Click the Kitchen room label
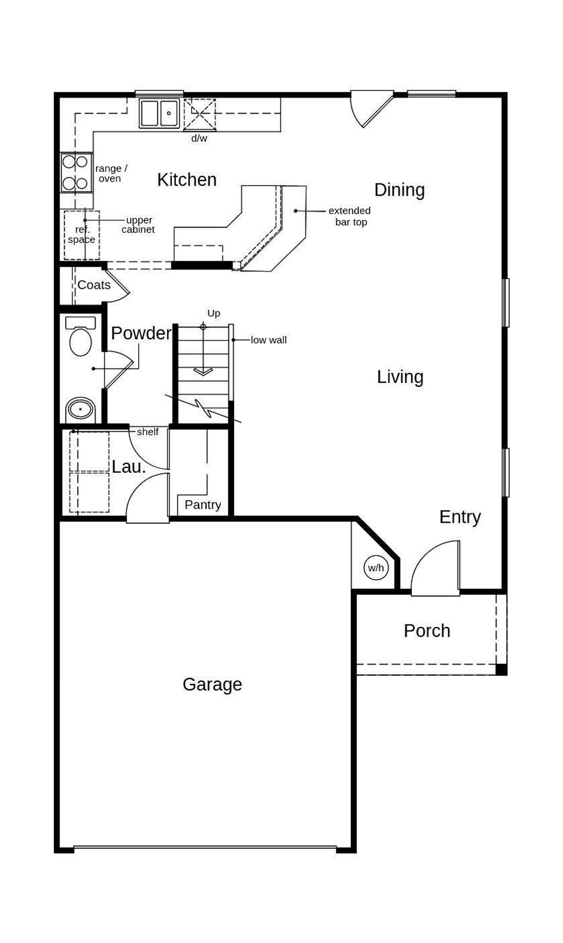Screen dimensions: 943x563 187,180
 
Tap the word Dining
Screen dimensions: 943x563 399,190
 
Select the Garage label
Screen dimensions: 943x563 212,684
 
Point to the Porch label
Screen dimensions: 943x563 427,631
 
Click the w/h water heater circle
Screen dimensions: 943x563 376,568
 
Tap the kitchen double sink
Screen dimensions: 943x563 159,113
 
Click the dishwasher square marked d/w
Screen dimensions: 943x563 200,114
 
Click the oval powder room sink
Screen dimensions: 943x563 80,409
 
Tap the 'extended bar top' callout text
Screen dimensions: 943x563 350,216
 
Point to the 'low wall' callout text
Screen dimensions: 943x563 268,340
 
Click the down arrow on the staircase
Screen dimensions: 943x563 203,371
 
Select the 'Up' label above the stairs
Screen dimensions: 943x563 213,313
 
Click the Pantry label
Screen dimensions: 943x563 202,504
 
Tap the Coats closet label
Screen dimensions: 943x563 94,285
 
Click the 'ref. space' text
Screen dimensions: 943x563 82,235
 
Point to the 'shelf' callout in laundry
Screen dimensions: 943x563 147,432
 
